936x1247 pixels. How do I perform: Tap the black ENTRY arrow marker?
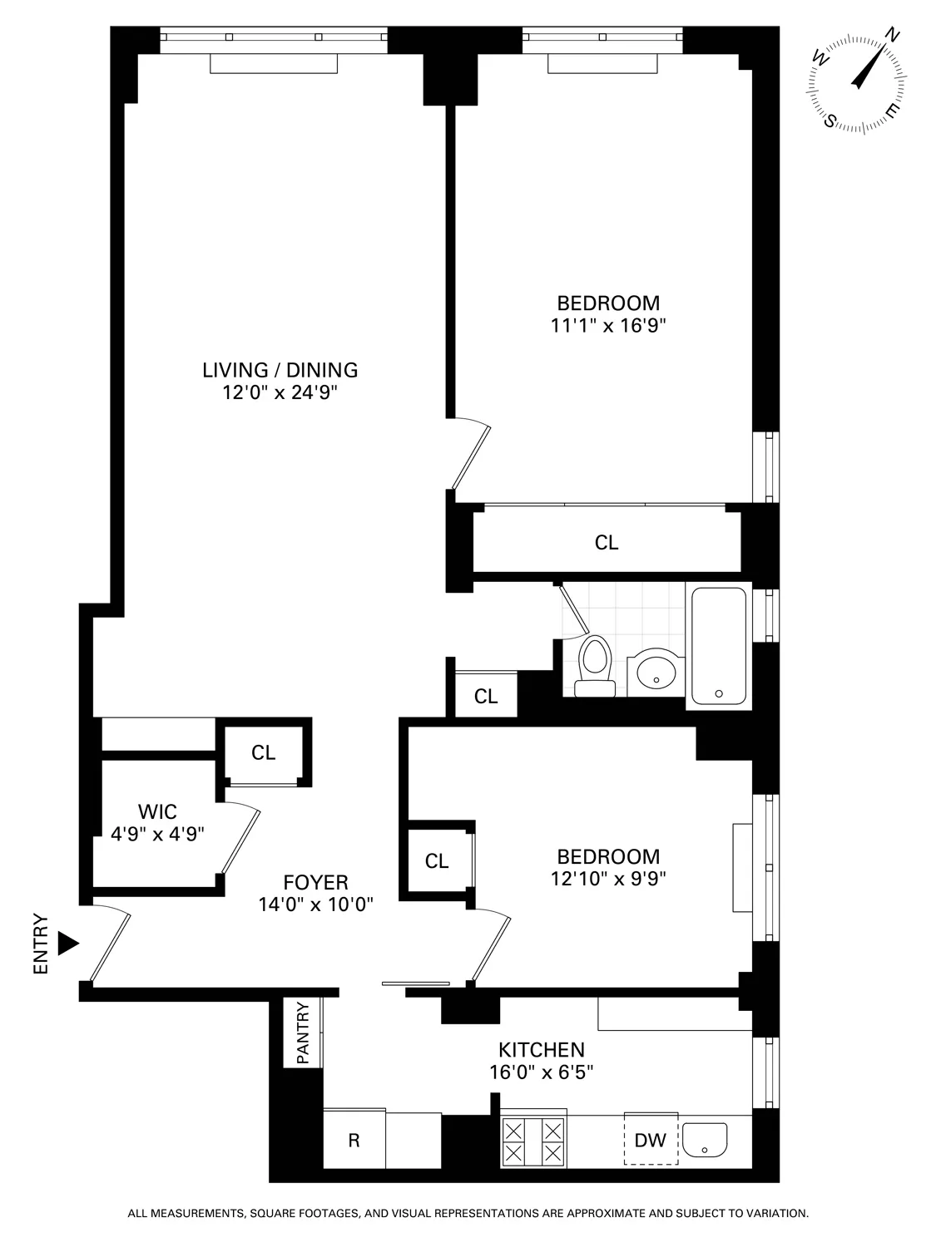click(68, 944)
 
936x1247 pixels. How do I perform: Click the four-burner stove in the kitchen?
click(533, 1141)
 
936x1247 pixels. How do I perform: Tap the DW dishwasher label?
click(651, 1141)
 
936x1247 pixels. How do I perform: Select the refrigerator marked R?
click(354, 1141)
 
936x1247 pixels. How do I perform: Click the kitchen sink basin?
click(705, 1140)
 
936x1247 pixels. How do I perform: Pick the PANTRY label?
click(303, 1033)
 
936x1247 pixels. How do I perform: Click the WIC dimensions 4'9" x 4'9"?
click(157, 834)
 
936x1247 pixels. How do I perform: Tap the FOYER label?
click(315, 883)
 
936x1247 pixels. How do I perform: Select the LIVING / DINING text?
click(280, 370)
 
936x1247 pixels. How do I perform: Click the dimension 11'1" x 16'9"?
click(608, 325)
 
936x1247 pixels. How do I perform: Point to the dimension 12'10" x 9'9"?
click(608, 878)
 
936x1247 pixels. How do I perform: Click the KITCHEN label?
click(542, 1050)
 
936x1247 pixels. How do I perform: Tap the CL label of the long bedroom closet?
click(607, 543)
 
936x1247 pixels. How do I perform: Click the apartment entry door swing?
click(110, 945)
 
